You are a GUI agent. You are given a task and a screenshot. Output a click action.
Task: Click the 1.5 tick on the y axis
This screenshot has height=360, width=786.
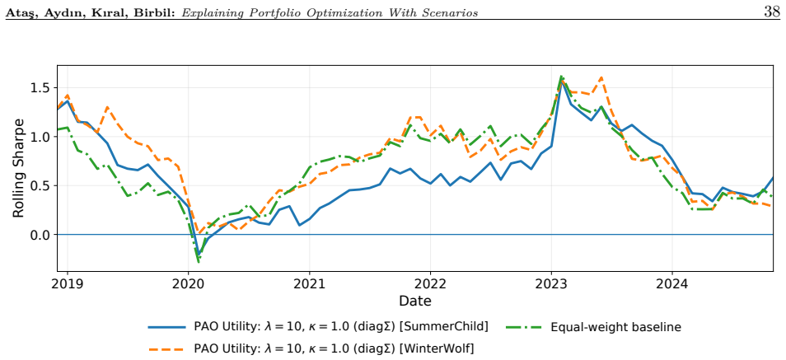click(41, 88)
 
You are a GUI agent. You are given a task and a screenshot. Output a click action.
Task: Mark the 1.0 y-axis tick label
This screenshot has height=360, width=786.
click(41, 137)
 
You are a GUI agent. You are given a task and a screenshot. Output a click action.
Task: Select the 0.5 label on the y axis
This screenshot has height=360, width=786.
click(41, 185)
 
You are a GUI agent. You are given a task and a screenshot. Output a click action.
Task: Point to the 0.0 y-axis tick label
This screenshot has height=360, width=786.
click(41, 235)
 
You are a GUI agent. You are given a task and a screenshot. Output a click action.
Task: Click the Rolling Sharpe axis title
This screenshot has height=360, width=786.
click(19, 169)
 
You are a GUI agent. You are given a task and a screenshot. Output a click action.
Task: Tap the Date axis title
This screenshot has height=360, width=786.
click(415, 302)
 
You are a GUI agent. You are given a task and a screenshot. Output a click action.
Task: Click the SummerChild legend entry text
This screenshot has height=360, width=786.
click(341, 327)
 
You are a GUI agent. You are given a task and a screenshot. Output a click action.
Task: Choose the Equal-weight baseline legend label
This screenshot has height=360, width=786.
click(616, 327)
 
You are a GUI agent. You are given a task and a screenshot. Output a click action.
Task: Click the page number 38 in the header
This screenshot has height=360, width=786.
click(772, 12)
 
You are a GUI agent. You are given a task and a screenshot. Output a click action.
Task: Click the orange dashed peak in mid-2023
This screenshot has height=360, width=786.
click(601, 77)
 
